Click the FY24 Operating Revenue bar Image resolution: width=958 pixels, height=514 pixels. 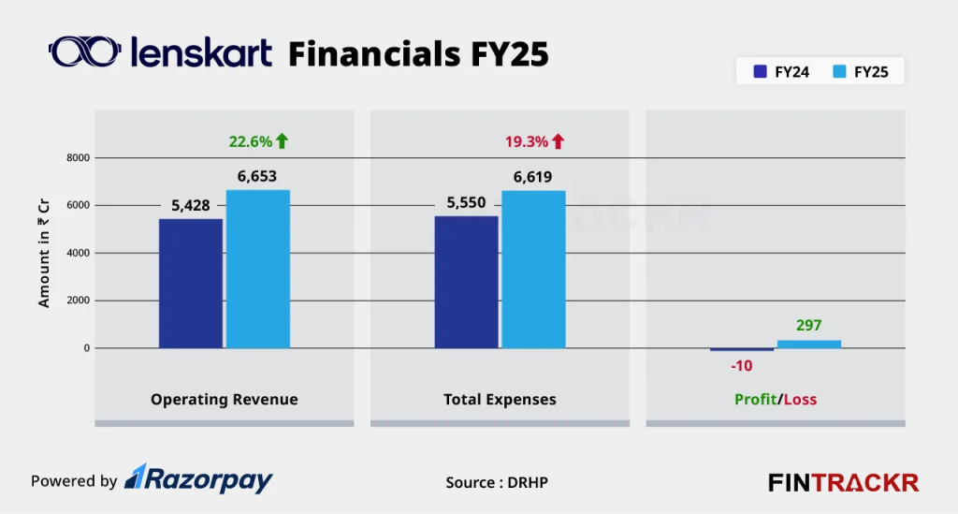click(191, 284)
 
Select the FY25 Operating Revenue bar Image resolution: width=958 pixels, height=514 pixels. click(258, 270)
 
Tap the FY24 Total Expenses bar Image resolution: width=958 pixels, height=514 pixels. click(467, 282)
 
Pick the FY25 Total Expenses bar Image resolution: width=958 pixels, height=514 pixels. click(534, 270)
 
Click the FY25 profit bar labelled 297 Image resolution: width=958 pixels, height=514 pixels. click(809, 344)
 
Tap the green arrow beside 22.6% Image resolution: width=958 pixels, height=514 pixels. click(283, 141)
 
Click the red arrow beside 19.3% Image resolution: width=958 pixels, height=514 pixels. click(559, 141)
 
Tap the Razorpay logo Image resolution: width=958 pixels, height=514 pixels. click(199, 480)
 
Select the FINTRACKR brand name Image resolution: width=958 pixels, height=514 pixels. click(843, 483)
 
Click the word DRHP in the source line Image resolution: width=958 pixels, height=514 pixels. click(530, 482)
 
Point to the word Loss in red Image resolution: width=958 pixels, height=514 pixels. click(800, 400)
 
